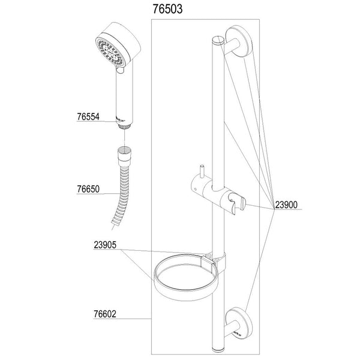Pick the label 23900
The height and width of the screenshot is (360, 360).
[287, 205]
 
